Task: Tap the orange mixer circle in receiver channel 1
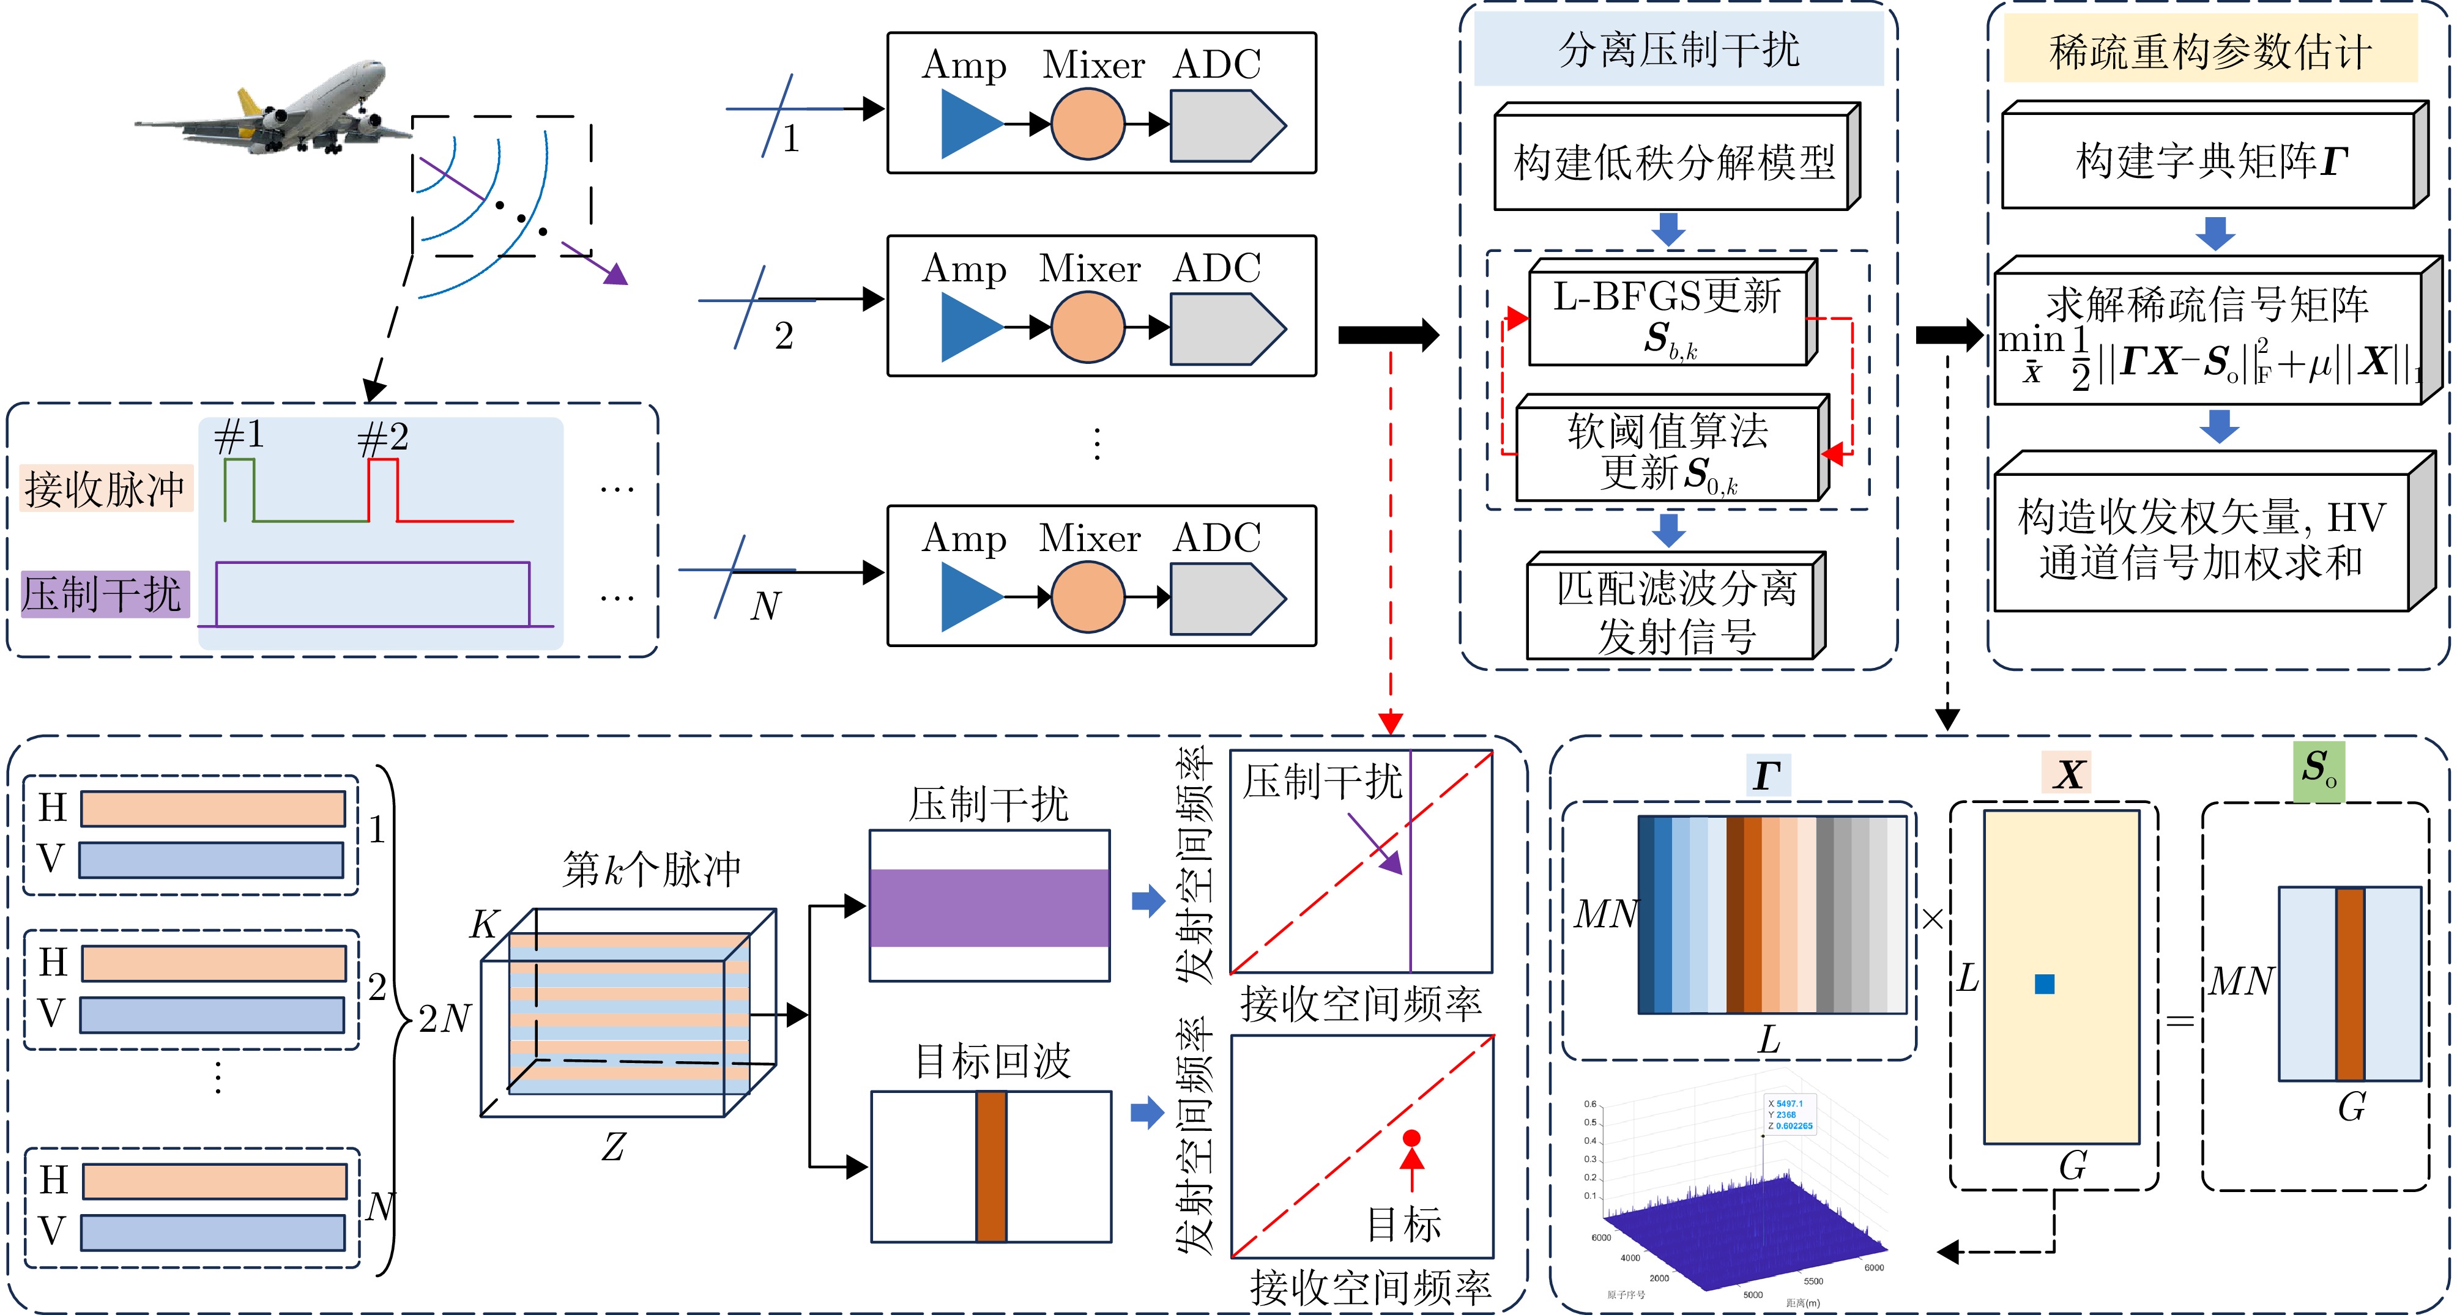click(x=1087, y=124)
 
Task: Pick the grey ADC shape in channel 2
click(x=1225, y=329)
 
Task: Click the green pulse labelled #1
click(x=239, y=488)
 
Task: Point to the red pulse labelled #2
click(x=382, y=488)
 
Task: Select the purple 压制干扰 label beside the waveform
click(x=103, y=594)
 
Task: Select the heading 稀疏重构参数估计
click(x=2209, y=51)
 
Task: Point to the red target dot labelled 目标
click(x=1411, y=1138)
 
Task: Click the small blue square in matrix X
click(x=2044, y=984)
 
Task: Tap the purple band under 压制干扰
click(x=989, y=907)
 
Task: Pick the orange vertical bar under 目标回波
click(x=991, y=1166)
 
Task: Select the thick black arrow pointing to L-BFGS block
click(x=1388, y=335)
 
